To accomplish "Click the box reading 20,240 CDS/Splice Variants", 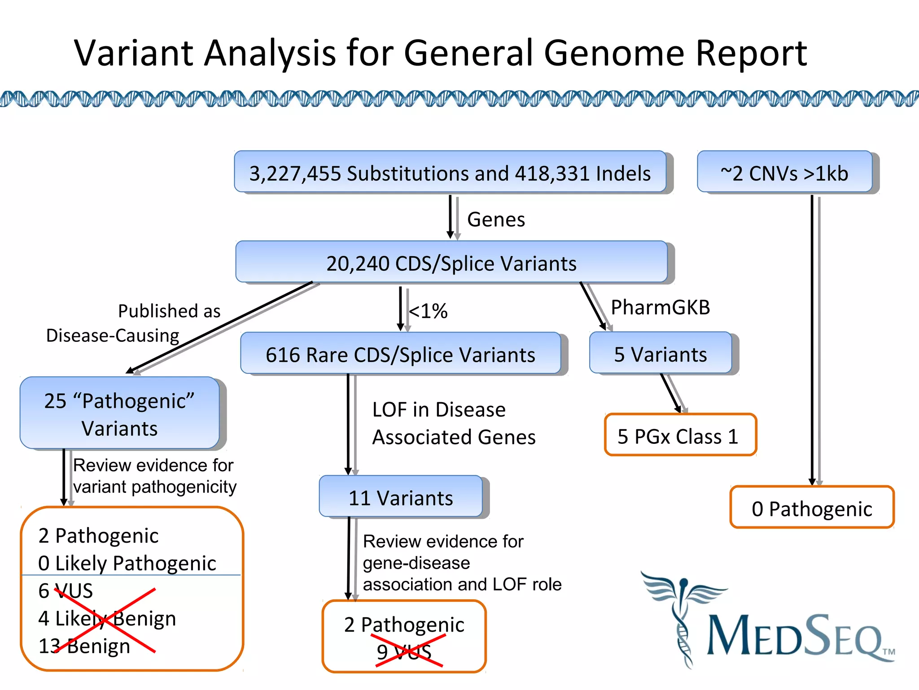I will (451, 263).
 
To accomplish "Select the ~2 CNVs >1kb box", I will (785, 173).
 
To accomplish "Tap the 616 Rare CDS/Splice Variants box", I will (400, 354).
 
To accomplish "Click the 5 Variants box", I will (661, 354).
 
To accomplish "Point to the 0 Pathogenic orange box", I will (812, 508).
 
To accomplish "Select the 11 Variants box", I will (401, 497).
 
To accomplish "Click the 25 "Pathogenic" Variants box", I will (119, 414).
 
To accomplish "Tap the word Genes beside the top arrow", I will (496, 219).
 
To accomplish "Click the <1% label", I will (429, 310).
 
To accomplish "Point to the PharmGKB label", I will (660, 307).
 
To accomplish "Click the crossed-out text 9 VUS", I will (404, 651).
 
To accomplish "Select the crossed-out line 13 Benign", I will (84, 646).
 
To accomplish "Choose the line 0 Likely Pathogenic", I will (127, 563).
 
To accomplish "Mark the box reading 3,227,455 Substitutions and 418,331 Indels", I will (450, 173).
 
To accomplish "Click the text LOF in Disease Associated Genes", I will (453, 423).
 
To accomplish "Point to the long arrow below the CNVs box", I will (813, 341).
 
